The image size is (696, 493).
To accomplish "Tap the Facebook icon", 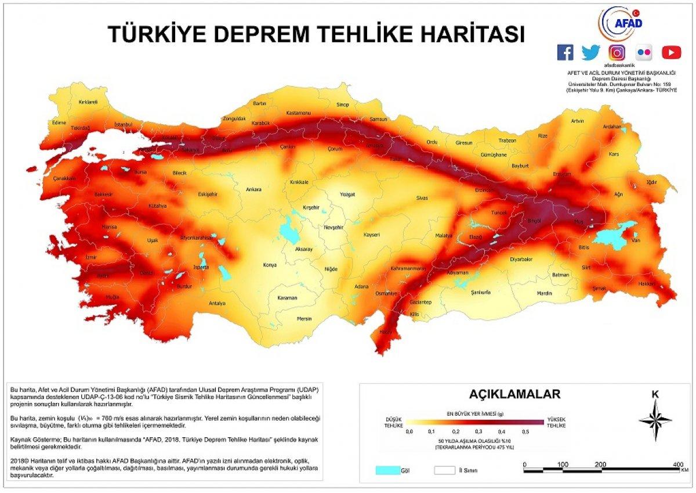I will click(x=565, y=52).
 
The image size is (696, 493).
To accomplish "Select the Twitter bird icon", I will click(x=590, y=52).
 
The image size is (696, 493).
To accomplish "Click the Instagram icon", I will click(x=617, y=52).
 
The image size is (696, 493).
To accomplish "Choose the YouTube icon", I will click(x=671, y=52).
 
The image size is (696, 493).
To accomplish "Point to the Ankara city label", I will click(x=253, y=189).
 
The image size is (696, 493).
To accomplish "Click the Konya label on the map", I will click(x=270, y=265).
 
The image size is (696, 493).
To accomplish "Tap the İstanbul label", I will click(x=124, y=124).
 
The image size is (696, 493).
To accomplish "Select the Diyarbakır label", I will click(x=521, y=260).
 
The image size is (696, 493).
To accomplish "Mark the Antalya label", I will click(x=217, y=303).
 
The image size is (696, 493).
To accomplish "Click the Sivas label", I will click(x=422, y=198).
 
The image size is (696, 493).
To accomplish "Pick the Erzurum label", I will click(x=562, y=174).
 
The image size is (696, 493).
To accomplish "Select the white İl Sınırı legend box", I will click(x=444, y=470).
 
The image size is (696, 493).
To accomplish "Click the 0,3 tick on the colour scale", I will click(x=477, y=431).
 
